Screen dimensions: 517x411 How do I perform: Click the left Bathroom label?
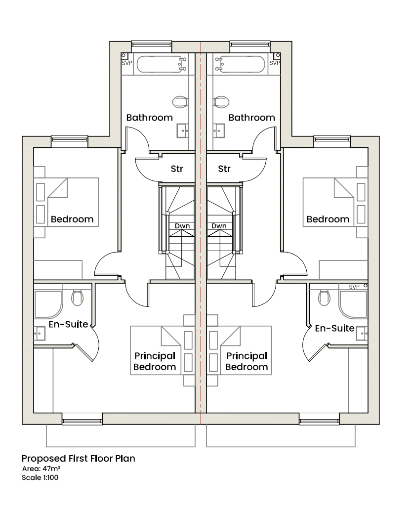(x=149, y=118)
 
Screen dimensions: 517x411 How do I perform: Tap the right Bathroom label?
(x=251, y=118)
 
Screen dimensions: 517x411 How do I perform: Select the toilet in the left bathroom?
(x=180, y=102)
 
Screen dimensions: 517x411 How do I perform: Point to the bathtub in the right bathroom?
(x=239, y=64)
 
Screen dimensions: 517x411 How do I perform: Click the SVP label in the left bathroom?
(x=127, y=63)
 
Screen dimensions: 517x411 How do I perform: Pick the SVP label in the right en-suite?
(x=354, y=287)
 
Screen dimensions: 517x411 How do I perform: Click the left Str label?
(x=177, y=169)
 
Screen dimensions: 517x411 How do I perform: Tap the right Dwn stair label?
(x=219, y=226)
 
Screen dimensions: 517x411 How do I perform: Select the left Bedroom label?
(x=72, y=219)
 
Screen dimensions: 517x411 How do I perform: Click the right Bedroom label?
(x=328, y=219)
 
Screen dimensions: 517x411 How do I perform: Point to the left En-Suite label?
(x=68, y=324)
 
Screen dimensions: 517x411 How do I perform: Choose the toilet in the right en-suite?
(x=324, y=297)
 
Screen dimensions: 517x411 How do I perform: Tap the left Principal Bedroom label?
(x=155, y=361)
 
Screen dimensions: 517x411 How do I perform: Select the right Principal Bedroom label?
(x=247, y=361)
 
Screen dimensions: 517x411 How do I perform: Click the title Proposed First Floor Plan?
(x=78, y=459)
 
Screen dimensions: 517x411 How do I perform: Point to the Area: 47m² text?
(x=41, y=469)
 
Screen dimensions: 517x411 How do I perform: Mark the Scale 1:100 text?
(x=40, y=478)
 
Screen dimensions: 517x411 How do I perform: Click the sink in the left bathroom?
(x=183, y=130)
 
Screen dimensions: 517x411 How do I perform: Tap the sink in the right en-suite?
(x=363, y=334)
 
